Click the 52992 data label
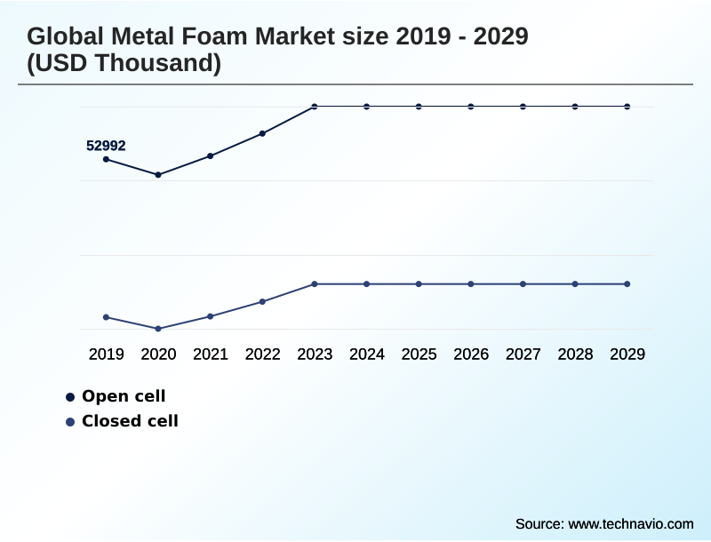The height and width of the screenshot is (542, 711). coord(106,146)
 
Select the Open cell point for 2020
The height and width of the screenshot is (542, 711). coord(158,175)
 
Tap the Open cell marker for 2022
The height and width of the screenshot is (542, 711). coord(262,134)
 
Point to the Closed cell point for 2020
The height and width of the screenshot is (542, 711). coord(158,329)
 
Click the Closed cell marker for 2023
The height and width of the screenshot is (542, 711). coord(315,284)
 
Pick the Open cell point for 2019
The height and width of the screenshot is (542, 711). coord(106,159)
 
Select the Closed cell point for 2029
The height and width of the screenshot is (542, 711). coord(627,284)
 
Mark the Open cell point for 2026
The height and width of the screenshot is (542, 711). coord(471,107)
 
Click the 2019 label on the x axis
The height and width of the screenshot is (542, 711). coord(106,355)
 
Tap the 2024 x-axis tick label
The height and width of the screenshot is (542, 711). coord(367,355)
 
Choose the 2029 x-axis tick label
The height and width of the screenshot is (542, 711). coord(627,355)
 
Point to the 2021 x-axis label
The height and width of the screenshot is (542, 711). coord(211,355)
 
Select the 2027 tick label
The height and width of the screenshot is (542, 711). coord(523,355)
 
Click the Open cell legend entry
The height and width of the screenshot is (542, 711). coord(123,396)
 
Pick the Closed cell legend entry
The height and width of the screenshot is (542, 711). coord(130,421)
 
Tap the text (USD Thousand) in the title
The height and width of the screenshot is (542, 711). coord(124,63)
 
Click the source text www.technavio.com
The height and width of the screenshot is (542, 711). coord(630,523)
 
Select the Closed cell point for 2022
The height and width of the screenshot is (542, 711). coord(262,302)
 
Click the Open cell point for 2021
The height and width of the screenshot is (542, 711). coord(211,156)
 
